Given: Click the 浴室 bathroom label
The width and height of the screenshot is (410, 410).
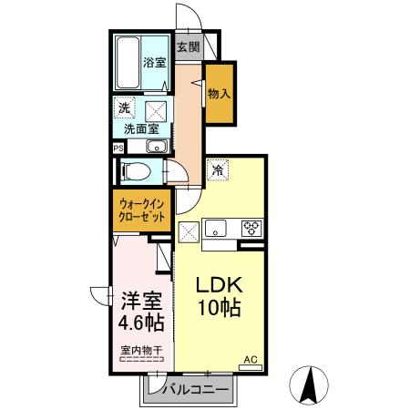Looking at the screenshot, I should [155, 63].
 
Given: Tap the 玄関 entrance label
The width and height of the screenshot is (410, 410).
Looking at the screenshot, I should [187, 46].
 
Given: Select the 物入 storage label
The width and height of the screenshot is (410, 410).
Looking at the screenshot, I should [219, 93].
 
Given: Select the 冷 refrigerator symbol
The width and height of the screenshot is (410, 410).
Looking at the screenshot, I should [218, 169].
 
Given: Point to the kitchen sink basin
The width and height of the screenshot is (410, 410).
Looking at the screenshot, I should [218, 228].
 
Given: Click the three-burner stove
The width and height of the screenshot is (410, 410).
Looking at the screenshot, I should [250, 228].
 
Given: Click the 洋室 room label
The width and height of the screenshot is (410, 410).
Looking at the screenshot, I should [139, 298].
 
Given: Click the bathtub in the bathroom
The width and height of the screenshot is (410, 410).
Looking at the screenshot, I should [128, 63].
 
